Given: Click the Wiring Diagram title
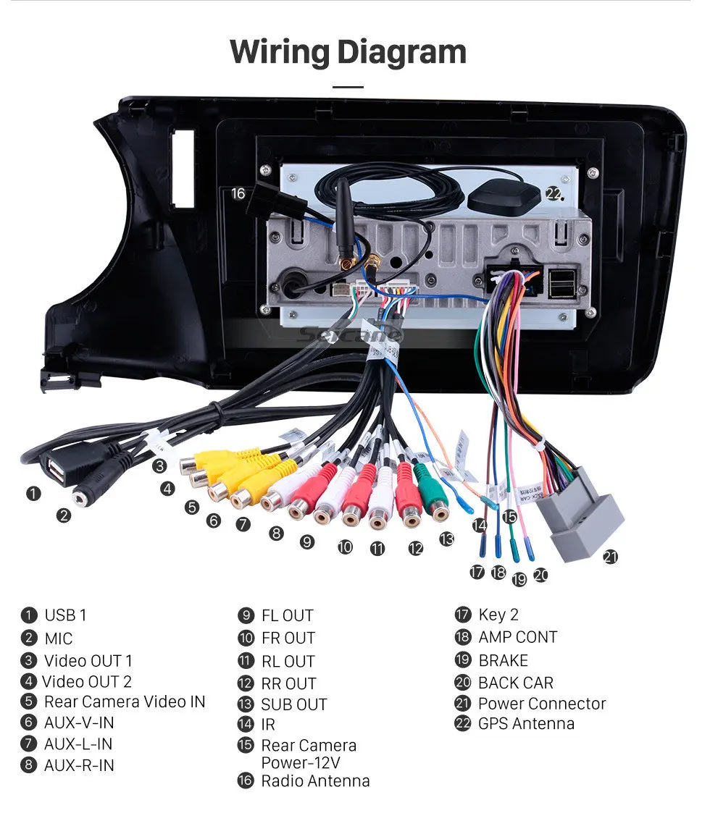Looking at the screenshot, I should [x=348, y=53].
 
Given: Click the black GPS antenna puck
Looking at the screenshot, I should [x=504, y=197].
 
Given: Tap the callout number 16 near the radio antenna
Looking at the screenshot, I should [x=238, y=193].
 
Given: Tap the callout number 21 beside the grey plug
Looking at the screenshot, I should [x=611, y=557].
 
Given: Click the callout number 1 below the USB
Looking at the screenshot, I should [x=33, y=493].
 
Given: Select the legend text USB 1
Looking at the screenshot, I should [x=65, y=615].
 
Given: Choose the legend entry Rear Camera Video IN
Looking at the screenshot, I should [x=124, y=702].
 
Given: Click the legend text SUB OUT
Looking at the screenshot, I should [x=293, y=704].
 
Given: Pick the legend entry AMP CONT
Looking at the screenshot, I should [x=517, y=637].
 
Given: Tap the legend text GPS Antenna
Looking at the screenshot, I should [x=526, y=723].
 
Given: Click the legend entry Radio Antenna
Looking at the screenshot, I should [x=315, y=781].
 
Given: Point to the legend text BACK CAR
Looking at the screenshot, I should [x=515, y=683].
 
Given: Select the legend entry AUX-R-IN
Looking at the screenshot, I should [x=79, y=765].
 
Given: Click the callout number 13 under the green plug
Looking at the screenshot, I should [x=446, y=539].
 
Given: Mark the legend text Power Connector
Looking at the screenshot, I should [x=541, y=704].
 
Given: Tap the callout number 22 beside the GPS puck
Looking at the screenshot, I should [x=554, y=193].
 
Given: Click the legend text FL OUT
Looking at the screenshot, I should [x=287, y=615].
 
